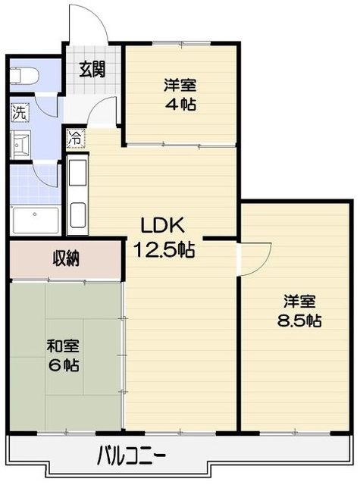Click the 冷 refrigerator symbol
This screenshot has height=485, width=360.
tap(75, 139)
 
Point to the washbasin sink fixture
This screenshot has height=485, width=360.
tap(22, 143)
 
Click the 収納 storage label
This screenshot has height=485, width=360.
tap(66, 259)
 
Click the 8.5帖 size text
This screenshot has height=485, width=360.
tap(298, 320)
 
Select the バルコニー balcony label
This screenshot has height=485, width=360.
tap(132, 457)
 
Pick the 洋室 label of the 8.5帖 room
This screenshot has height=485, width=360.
tap(298, 300)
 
